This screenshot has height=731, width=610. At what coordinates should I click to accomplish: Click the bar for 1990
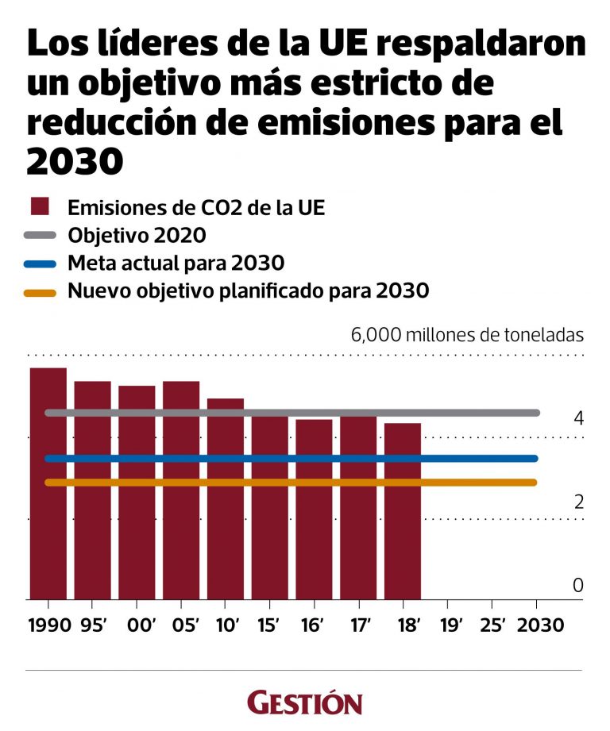[x=48, y=483]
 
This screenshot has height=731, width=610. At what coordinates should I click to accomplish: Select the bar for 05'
[x=181, y=490]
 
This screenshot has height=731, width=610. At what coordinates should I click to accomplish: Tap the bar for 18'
[x=403, y=511]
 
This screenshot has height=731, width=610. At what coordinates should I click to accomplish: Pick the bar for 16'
[x=314, y=509]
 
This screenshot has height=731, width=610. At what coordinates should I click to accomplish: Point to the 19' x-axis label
[x=447, y=625]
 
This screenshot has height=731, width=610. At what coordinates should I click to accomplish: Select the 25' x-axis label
[x=492, y=625]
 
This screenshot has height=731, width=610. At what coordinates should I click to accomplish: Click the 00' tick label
[x=137, y=625]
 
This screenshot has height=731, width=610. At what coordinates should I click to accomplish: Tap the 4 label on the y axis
[x=577, y=417]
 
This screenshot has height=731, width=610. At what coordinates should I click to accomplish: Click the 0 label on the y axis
[x=577, y=586]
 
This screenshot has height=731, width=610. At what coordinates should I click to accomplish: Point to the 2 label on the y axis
[x=577, y=502]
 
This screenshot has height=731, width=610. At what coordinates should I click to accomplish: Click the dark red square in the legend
[x=39, y=207]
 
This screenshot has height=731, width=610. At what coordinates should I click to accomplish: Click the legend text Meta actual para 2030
[x=176, y=264]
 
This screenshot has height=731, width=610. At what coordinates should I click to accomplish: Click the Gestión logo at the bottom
[x=304, y=702]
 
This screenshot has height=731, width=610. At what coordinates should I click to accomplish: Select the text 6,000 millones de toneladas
[x=467, y=334]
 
